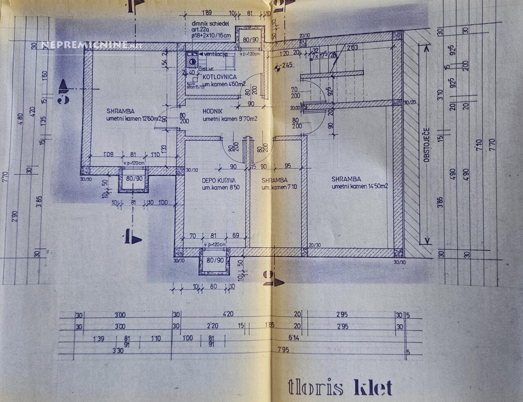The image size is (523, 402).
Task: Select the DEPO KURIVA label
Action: coord(219,180)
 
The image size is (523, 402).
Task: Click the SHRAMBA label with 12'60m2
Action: coord(121,111)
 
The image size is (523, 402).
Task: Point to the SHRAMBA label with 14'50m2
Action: coord(346,179)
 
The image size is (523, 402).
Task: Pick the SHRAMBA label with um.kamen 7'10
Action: coord(274,180)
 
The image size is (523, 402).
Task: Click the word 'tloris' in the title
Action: coord(315,387)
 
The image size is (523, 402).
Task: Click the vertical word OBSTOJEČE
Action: coord(426,145)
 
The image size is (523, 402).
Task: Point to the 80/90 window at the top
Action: coord(250,40)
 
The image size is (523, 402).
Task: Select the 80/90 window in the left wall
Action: coord(134,179)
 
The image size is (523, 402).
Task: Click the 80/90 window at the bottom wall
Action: coord(215,260)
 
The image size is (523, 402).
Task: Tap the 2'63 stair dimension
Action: coord(352,48)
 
